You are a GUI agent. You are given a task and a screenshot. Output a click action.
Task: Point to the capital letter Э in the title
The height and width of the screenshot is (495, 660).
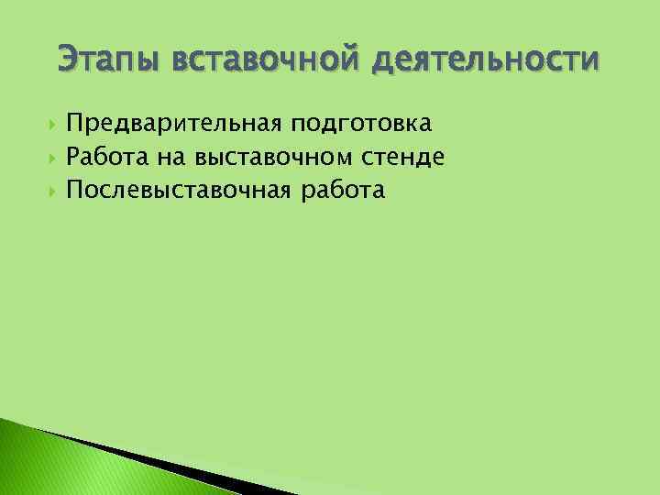(x=67, y=60)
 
